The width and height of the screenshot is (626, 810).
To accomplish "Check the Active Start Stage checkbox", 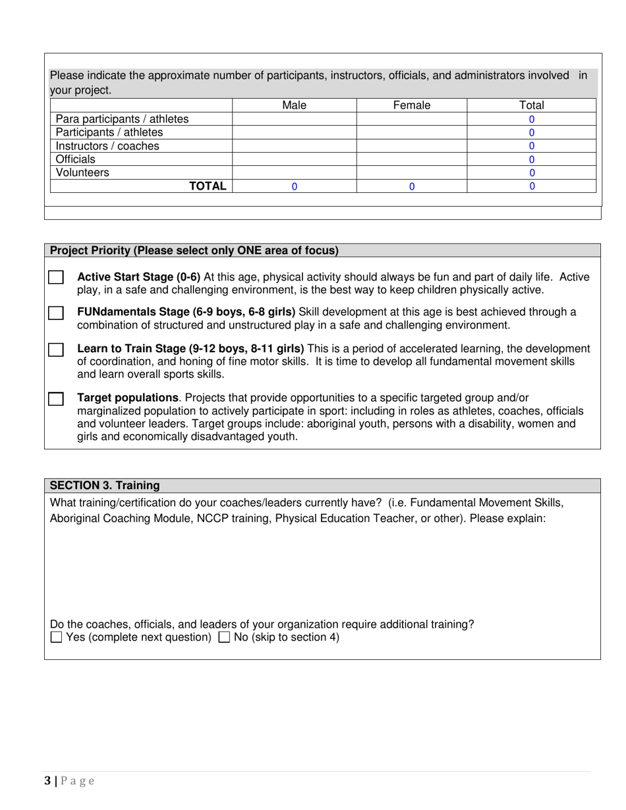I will click(x=56, y=278).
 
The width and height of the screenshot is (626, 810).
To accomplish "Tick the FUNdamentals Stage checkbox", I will click(x=56, y=313).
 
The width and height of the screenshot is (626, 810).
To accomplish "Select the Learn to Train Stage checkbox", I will click(x=56, y=350).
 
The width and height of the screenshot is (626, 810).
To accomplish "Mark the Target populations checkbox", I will click(x=56, y=399).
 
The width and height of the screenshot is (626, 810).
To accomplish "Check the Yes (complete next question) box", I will click(x=57, y=637).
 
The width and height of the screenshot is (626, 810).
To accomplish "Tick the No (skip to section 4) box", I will click(x=224, y=637).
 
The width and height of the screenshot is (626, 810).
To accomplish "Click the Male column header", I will click(x=294, y=105).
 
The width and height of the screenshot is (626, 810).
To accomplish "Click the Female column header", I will click(x=411, y=105).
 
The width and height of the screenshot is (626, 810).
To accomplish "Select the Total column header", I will click(x=531, y=105).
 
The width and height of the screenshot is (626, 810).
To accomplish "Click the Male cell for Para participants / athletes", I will click(x=294, y=119).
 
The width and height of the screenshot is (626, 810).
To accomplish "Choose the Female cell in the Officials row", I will click(x=411, y=159).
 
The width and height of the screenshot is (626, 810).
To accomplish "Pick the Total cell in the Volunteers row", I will click(x=531, y=173).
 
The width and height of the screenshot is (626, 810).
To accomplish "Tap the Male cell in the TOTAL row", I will click(x=294, y=186).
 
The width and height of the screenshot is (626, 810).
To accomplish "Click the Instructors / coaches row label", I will click(x=107, y=146).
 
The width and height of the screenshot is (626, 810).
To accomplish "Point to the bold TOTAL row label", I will click(x=208, y=186).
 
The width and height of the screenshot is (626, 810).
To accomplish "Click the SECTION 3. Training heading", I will click(x=105, y=485).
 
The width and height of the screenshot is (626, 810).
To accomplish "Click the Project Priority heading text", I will click(x=194, y=250).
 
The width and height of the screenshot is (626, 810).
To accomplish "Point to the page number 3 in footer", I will click(x=47, y=781).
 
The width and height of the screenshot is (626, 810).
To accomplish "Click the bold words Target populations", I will click(x=128, y=398).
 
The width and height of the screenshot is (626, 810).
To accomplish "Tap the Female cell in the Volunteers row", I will click(x=411, y=173).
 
